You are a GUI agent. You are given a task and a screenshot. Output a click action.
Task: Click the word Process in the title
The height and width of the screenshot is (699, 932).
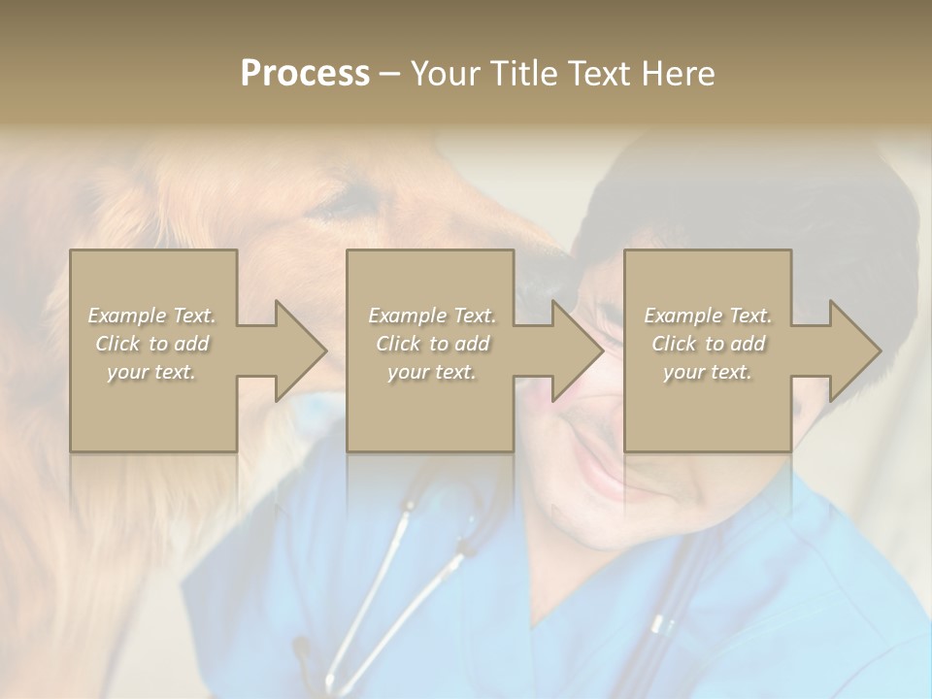[305, 74]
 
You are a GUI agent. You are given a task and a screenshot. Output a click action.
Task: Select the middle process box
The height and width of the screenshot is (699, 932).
[430, 408]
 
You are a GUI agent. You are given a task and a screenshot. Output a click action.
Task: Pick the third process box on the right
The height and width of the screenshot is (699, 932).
[707, 408]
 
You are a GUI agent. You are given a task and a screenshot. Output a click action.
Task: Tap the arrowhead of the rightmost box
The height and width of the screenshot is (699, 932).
[853, 350]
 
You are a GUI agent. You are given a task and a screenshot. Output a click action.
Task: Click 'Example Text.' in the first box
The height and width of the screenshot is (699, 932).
[151, 316]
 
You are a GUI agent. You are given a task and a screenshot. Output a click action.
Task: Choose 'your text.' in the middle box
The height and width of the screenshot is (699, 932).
[431, 372]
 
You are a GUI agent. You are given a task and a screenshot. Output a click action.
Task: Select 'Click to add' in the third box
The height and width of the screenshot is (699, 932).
[708, 344]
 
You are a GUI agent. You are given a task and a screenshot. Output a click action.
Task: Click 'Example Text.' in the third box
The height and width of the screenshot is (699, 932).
[708, 316]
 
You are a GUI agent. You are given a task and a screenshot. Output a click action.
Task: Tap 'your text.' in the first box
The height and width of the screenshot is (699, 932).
[151, 372]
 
